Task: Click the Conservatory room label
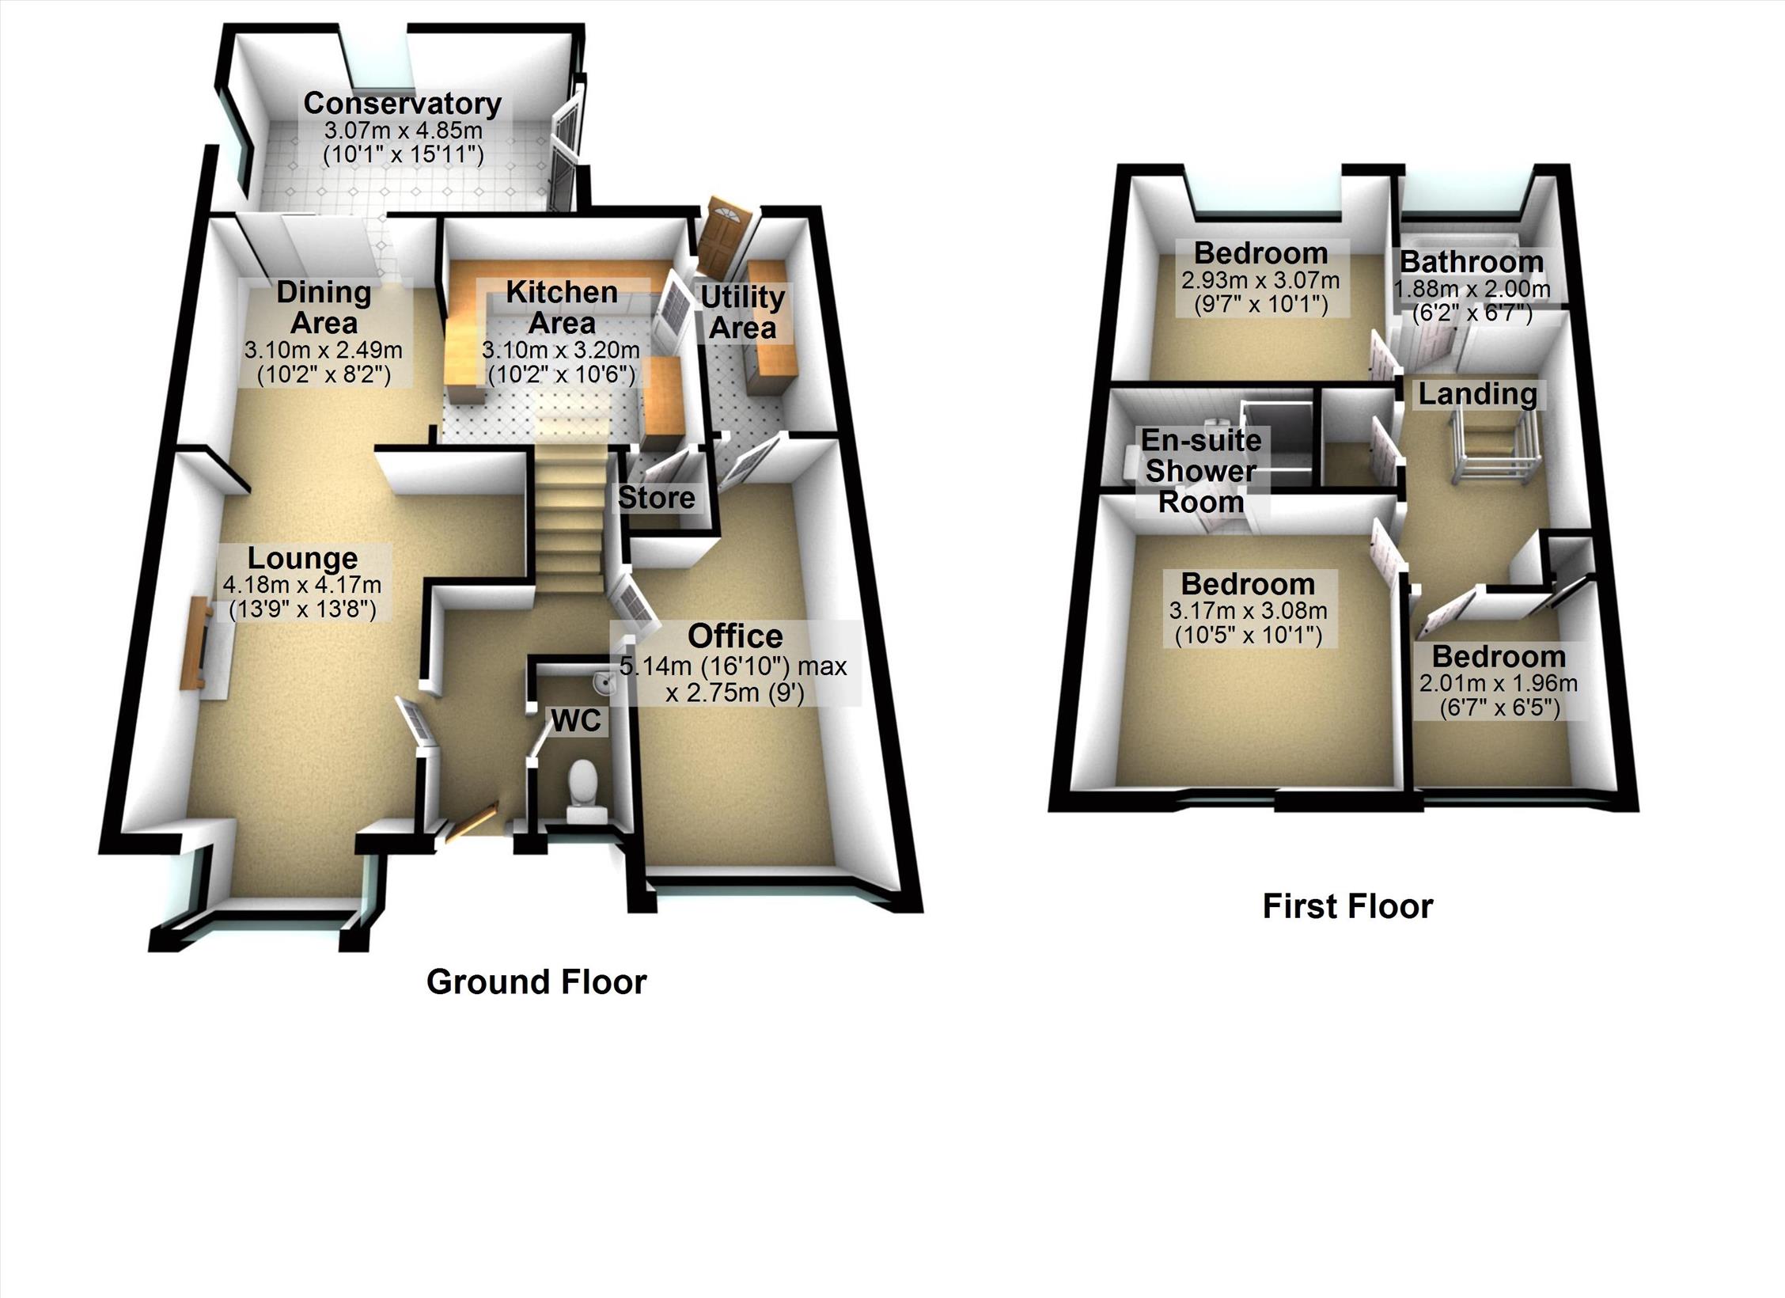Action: point(402,104)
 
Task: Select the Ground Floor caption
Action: point(536,982)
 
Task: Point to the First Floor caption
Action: point(1347,906)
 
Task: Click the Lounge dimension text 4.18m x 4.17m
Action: point(302,586)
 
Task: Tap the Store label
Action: point(656,498)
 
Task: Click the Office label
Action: point(735,636)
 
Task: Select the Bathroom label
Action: point(1472,261)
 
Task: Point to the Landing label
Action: point(1477,393)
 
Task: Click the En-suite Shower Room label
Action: point(1201,471)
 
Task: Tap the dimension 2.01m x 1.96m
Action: point(1498,684)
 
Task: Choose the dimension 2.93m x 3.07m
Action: point(1260,280)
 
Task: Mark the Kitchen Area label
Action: point(562,307)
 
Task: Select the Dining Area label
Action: point(324,307)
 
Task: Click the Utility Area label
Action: point(742,312)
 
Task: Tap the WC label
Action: point(576,720)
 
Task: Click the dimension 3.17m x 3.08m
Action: point(1248,611)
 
